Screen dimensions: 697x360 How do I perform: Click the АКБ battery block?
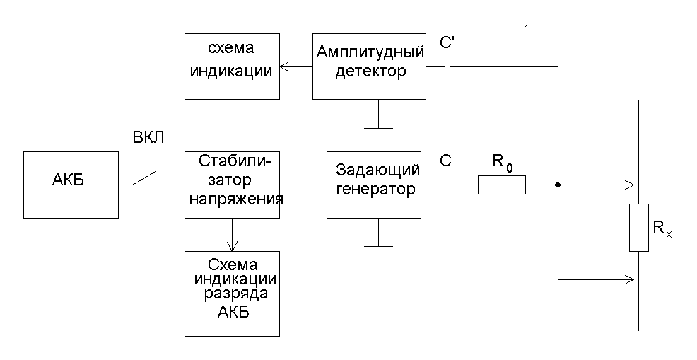[71, 185]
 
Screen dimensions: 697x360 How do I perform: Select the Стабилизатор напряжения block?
[232, 185]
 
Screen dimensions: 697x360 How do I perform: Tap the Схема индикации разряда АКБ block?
[232, 294]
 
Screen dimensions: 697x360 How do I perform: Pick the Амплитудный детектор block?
[370, 66]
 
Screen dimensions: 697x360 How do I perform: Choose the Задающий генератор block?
[374, 185]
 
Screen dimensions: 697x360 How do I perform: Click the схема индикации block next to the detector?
[232, 66]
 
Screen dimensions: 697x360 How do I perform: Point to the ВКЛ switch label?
[148, 138]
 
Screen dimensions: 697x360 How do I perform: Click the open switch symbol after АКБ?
[144, 178]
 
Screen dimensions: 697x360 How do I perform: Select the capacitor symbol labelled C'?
[447, 66]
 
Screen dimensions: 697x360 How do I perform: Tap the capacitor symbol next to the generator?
[447, 185]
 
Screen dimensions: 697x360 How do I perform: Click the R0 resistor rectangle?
[502, 185]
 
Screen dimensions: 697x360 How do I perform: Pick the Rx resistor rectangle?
[639, 228]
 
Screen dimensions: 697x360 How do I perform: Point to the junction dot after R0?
[558, 185]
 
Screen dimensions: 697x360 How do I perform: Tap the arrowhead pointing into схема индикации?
[284, 66]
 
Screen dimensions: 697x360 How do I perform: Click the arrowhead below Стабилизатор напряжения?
[232, 246]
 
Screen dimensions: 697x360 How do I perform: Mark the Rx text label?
[662, 228]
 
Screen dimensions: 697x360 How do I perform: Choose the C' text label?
[447, 42]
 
